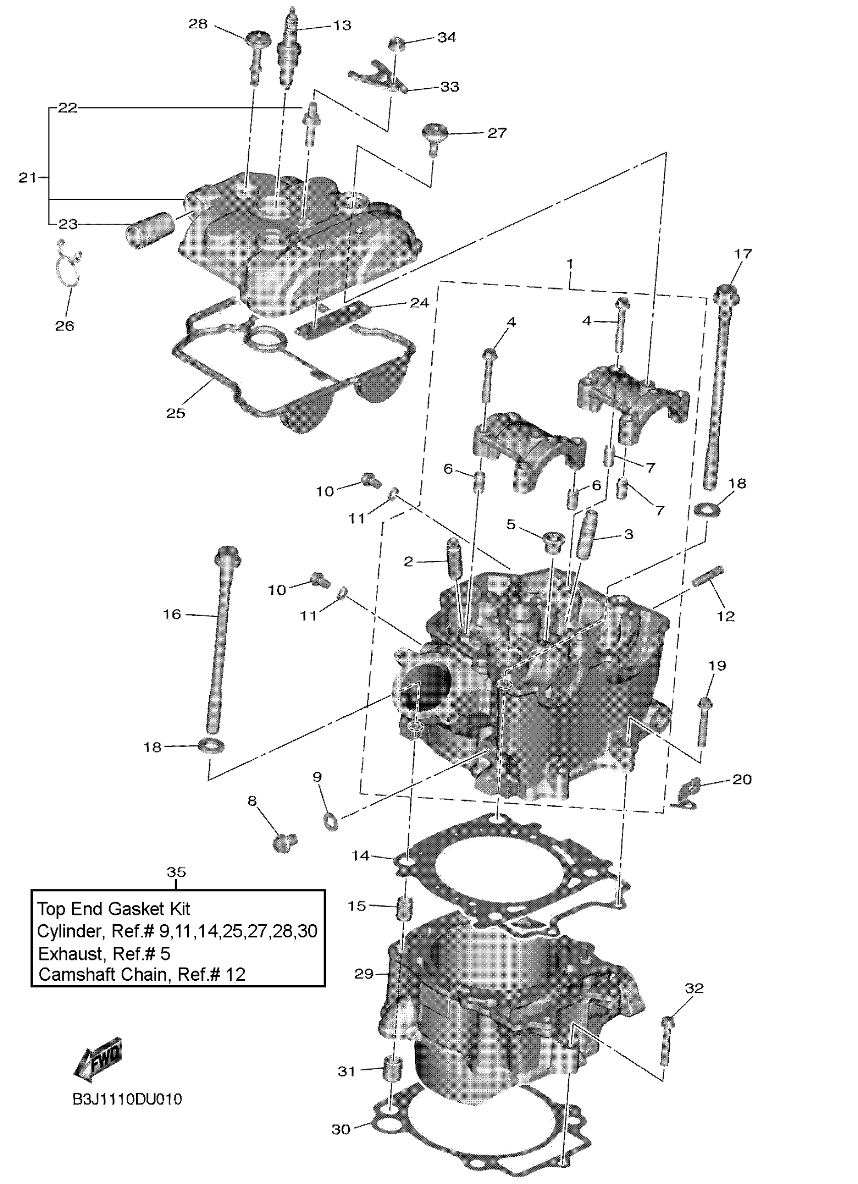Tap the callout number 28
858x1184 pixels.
pos(198,24)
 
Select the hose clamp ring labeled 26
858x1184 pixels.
pos(67,265)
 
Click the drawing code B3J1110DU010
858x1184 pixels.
pos(127,1100)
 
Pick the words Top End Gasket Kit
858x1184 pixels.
pos(114,909)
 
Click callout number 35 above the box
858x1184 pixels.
pos(176,872)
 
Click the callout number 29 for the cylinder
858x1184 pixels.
pos(364,974)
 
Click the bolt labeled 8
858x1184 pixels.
pos(284,840)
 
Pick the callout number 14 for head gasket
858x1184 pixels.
pos(360,856)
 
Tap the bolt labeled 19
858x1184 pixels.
pos(704,721)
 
